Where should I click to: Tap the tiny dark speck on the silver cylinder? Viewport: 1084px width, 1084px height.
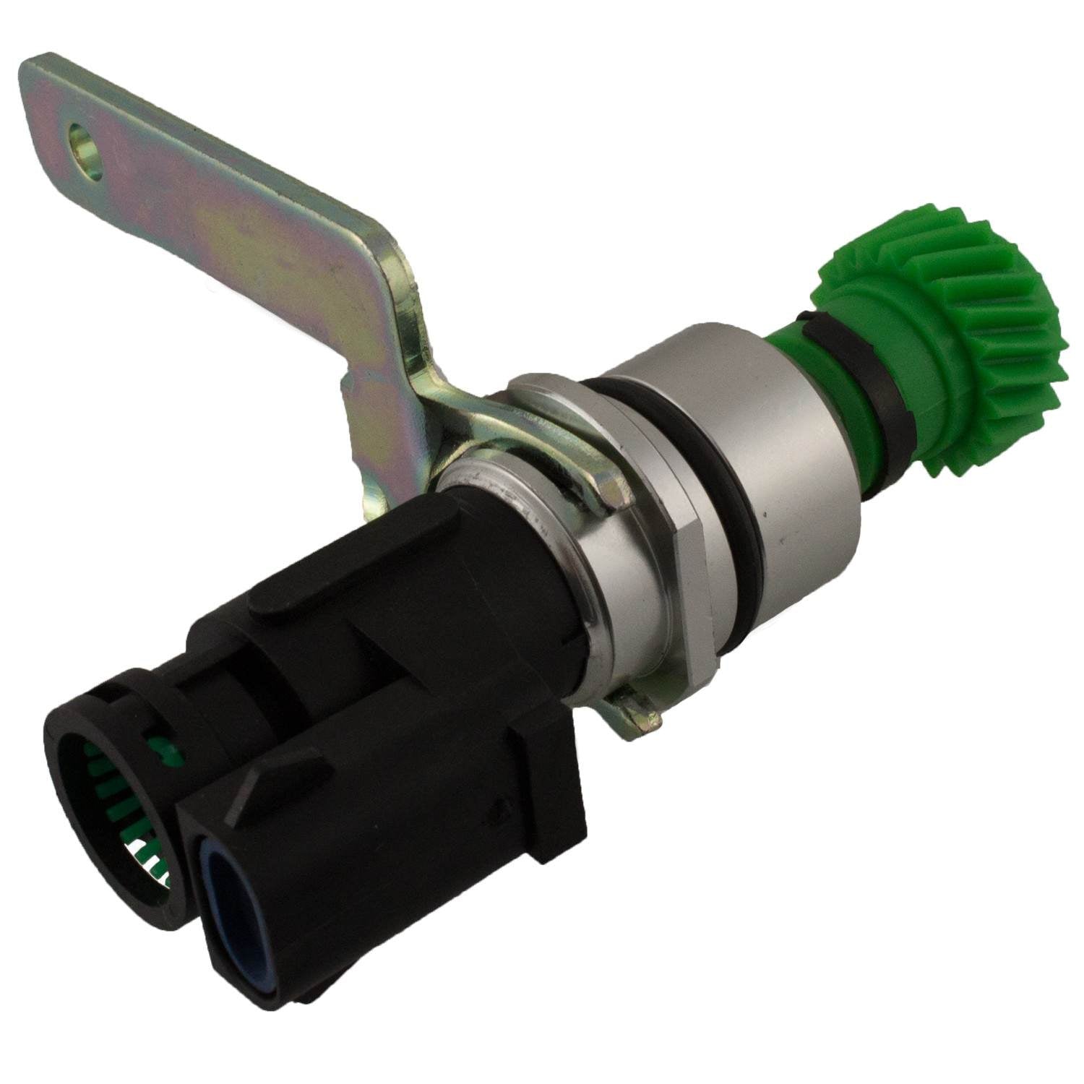[781, 538]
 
